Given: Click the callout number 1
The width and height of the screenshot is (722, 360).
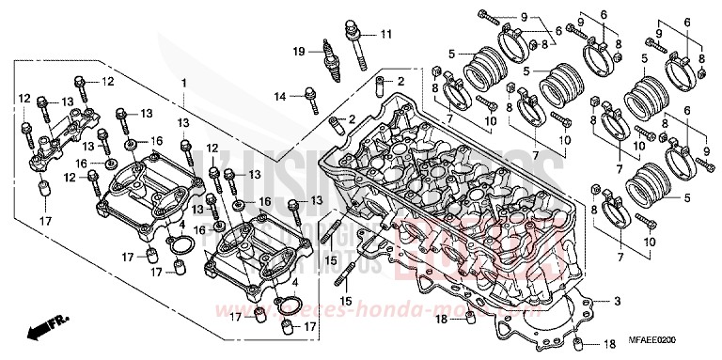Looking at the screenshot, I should click(185, 84).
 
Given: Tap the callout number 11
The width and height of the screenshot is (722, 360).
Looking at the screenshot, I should click(385, 35).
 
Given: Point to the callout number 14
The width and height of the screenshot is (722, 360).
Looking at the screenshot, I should click(280, 96).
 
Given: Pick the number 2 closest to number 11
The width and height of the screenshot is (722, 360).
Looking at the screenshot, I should click(400, 82).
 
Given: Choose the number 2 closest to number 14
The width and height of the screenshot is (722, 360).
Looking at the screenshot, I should click(352, 119).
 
